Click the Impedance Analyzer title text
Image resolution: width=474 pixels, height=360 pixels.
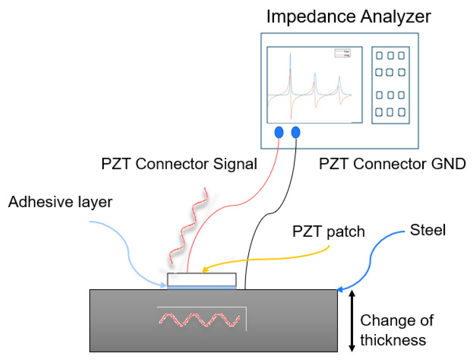click(x=348, y=17)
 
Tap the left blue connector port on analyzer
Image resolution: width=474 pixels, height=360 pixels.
click(x=279, y=132)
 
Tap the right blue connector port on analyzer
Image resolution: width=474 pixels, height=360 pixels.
click(x=296, y=132)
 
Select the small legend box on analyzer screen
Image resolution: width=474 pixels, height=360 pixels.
click(x=342, y=53)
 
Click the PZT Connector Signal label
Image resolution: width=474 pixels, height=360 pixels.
click(x=179, y=164)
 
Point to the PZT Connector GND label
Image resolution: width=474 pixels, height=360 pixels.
click(x=392, y=164)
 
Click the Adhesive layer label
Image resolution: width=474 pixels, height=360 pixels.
click(x=60, y=202)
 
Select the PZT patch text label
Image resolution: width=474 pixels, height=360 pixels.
click(x=328, y=231)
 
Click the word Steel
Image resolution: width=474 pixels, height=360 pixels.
click(x=427, y=230)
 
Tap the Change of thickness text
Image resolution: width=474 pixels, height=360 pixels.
click(x=396, y=330)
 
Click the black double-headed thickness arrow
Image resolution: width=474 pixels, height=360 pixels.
click(x=352, y=321)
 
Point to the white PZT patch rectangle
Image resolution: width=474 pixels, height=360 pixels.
click(x=202, y=279)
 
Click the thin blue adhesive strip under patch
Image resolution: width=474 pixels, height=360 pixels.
click(x=202, y=288)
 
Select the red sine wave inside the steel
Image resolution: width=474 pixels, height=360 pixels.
click(x=200, y=320)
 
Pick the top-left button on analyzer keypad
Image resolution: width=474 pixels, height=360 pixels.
click(x=379, y=55)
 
